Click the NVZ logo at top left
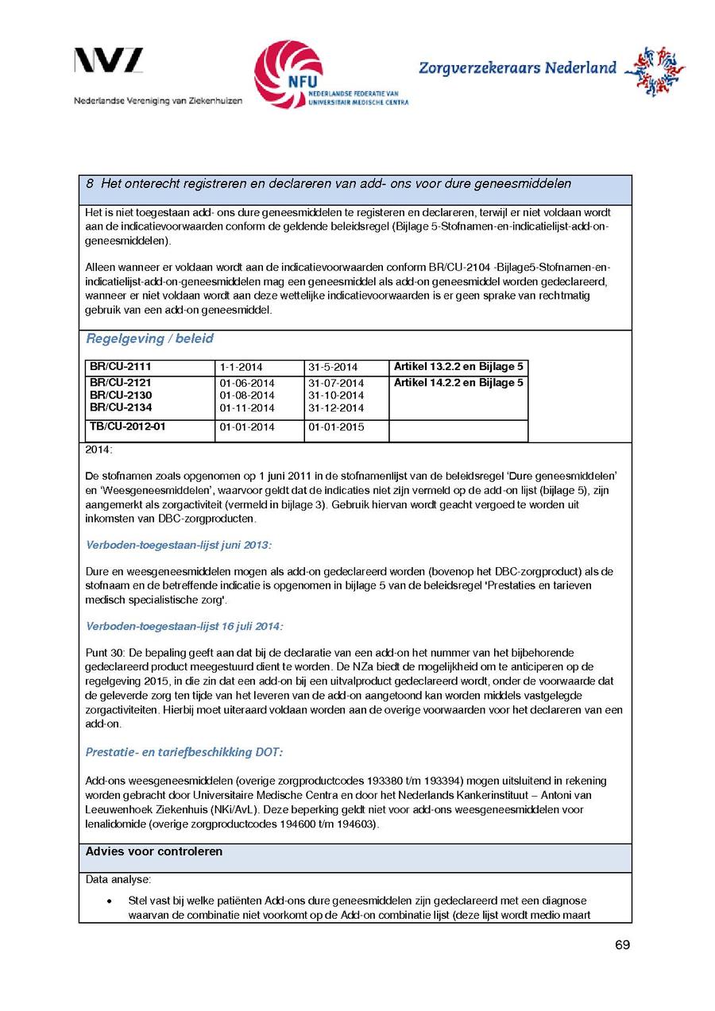(x=109, y=60)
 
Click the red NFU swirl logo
(x=288, y=74)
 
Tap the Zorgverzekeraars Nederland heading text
(x=517, y=68)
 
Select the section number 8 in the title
(x=91, y=184)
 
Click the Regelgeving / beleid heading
(x=149, y=339)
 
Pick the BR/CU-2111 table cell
(x=120, y=367)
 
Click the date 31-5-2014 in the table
(x=332, y=368)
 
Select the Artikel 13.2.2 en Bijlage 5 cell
(x=458, y=367)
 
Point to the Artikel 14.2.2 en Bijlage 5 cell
(x=458, y=383)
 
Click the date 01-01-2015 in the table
(x=335, y=427)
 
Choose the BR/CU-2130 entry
(x=120, y=396)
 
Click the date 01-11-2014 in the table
(x=246, y=408)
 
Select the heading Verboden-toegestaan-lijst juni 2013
(x=178, y=545)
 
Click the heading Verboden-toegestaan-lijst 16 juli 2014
(x=184, y=626)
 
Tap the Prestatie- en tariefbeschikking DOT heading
(x=184, y=752)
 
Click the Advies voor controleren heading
(x=154, y=852)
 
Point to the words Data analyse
(x=118, y=880)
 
